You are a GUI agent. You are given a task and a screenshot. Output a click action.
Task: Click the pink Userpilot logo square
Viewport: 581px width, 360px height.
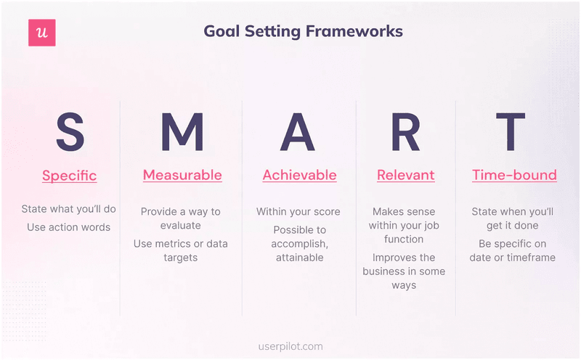[42, 33]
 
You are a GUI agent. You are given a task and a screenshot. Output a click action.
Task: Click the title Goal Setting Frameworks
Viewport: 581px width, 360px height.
[303, 31]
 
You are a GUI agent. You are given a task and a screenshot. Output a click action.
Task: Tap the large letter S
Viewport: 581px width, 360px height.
[70, 132]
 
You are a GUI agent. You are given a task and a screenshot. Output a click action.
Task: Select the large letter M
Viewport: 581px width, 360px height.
[182, 132]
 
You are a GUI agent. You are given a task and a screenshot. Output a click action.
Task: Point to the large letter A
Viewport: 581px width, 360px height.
[298, 132]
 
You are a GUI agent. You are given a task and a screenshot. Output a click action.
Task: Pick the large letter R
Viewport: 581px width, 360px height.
[405, 132]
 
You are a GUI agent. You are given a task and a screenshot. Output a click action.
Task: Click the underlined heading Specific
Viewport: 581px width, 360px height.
[69, 176]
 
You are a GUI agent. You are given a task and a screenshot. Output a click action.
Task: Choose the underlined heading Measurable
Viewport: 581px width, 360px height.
[182, 175]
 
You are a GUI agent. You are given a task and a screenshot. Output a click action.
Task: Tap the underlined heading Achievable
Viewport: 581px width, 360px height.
[299, 175]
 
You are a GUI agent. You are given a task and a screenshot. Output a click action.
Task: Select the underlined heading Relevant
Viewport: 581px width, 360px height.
[405, 175]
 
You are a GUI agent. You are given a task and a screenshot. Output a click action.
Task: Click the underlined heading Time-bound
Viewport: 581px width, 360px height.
[514, 175]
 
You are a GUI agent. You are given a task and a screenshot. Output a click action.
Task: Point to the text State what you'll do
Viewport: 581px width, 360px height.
[68, 209]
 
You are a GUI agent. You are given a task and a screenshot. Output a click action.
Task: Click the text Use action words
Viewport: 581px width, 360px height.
[68, 227]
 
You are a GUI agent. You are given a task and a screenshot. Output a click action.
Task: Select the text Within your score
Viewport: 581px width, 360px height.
[298, 212]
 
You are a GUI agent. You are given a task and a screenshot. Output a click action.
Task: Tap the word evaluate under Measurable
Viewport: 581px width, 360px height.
[180, 226]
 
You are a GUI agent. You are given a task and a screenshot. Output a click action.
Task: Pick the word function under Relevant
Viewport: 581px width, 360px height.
[404, 239]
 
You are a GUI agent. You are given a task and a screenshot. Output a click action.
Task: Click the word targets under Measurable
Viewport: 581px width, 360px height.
[180, 258]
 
